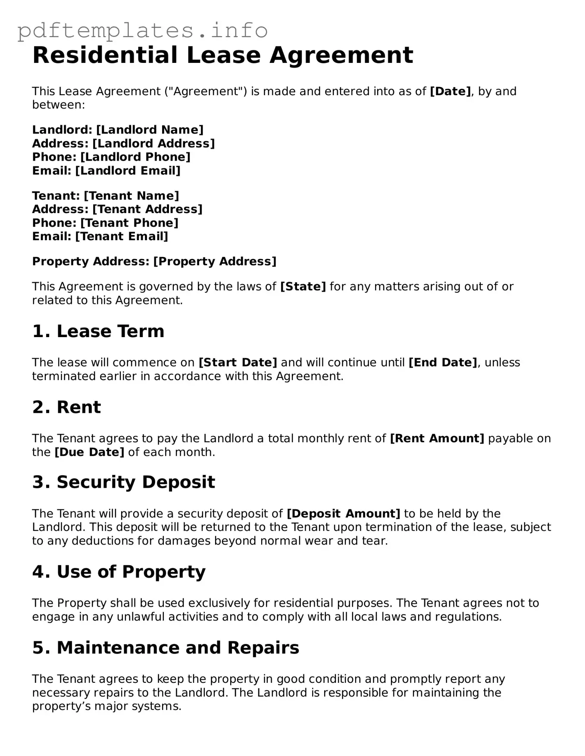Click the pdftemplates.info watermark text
[142, 31]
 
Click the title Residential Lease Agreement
[222, 55]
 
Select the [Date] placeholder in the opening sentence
[450, 91]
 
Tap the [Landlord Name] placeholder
[150, 130]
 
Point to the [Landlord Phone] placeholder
[135, 157]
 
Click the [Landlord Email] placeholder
[128, 170]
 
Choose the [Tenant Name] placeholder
[131, 196]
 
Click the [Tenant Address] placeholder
[147, 209]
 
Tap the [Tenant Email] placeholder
[122, 236]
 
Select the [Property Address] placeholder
[215, 261]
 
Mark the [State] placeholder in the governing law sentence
[303, 287]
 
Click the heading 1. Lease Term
[98, 332]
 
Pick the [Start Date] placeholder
[238, 363]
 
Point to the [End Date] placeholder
[443, 363]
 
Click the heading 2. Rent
[66, 407]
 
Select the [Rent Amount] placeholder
[437, 439]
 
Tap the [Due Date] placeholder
[89, 452]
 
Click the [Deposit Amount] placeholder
[343, 514]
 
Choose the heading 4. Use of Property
[119, 572]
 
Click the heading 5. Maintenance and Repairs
[166, 648]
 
